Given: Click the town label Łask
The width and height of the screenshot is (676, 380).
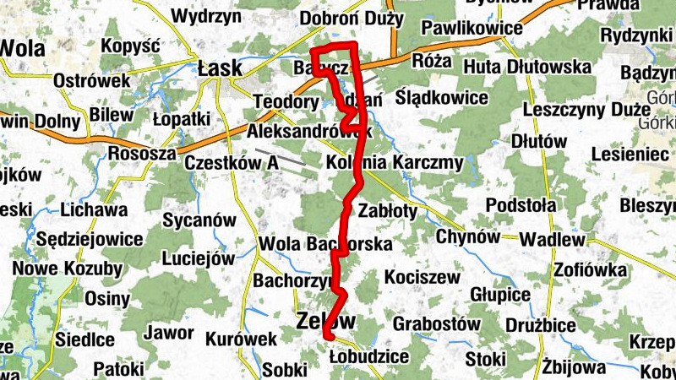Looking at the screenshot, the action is pyautogui.click(x=220, y=68).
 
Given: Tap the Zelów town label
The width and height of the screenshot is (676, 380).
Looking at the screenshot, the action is pyautogui.click(x=326, y=321).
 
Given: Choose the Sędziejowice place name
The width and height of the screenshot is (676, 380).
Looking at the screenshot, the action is pyautogui.click(x=90, y=239).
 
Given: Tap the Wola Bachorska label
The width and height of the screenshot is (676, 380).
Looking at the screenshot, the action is pyautogui.click(x=326, y=245).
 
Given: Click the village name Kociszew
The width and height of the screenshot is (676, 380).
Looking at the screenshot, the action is pyautogui.click(x=421, y=277).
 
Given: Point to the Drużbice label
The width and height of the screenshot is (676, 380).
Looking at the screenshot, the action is pyautogui.click(x=540, y=324).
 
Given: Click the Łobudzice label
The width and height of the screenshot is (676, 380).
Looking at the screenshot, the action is pyautogui.click(x=369, y=357).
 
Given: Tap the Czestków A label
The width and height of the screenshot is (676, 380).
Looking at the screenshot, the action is pyautogui.click(x=232, y=163).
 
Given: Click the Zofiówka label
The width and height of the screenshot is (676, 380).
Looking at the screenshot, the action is pyautogui.click(x=591, y=270).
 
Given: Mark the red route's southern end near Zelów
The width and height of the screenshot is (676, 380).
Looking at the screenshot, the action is pyautogui.click(x=325, y=337).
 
